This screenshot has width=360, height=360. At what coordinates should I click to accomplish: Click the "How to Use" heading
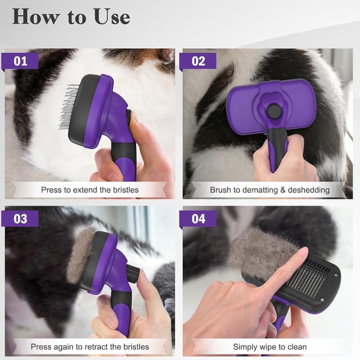click(x=71, y=16)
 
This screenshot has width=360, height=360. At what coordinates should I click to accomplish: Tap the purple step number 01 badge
click(x=20, y=61)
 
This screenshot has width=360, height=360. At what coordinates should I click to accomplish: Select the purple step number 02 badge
click(x=198, y=61)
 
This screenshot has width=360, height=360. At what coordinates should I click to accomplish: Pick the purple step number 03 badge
click(x=20, y=218)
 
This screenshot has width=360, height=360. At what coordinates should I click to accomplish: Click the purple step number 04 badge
click(x=198, y=218)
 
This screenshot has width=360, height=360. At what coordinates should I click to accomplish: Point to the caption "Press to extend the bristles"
click(x=89, y=190)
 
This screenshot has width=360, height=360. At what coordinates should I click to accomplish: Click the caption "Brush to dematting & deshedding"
click(x=269, y=190)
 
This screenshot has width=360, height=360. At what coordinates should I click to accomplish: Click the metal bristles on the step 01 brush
click(x=69, y=106)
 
